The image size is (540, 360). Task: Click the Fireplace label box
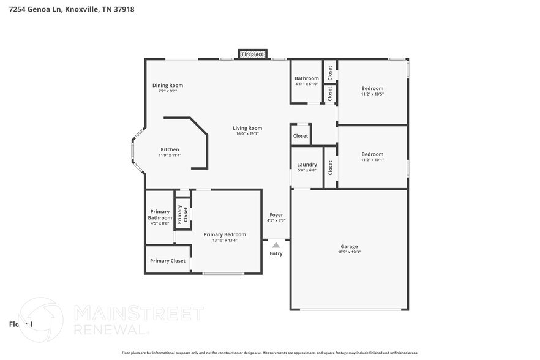pos(252,54)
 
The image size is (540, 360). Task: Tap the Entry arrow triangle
pos(276,245)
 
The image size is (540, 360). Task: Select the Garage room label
pos(349,247)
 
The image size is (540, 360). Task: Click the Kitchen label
pos(170,149)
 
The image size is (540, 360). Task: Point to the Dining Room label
pos(167,86)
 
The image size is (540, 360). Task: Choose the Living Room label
pos(247,128)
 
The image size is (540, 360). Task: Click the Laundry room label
pos(307,165)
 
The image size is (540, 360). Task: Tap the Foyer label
pos(276,215)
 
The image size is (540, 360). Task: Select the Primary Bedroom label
pos(225,234)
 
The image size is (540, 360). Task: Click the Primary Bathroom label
pos(160,214)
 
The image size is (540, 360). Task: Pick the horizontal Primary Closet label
pos(168,261)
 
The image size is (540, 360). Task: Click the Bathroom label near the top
pos(306,78)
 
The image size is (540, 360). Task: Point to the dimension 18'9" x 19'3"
pos(349,252)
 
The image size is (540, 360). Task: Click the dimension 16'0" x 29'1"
pos(247,133)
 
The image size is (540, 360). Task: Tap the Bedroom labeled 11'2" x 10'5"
pos(372,88)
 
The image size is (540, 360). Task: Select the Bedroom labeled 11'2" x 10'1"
pos(372,154)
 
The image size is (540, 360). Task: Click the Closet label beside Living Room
pos(301,136)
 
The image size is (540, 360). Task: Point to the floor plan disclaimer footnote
pos(270,353)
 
